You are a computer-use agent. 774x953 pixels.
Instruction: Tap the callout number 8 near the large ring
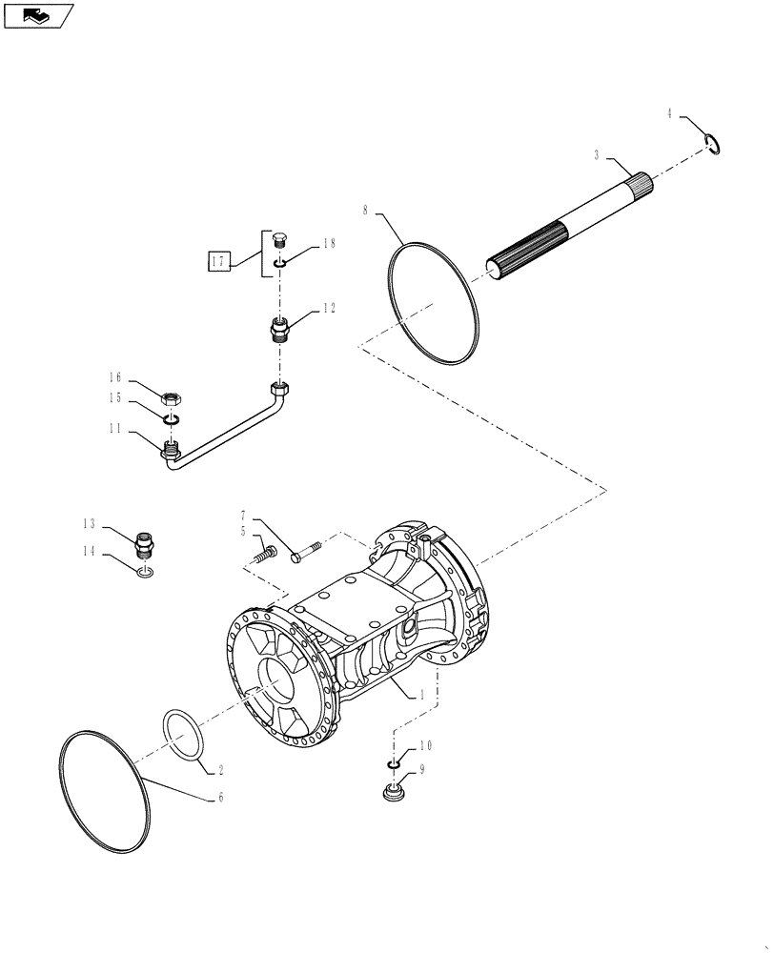(365, 209)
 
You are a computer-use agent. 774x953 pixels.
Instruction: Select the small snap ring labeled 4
(710, 144)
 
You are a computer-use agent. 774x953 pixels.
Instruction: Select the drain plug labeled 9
(392, 793)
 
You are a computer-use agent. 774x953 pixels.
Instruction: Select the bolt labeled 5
(263, 551)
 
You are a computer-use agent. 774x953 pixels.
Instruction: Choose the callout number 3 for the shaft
(596, 153)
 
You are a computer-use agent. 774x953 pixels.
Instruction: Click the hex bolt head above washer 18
(279, 239)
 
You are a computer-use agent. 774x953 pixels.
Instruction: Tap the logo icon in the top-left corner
(38, 15)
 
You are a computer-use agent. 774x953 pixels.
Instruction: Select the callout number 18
(329, 244)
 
